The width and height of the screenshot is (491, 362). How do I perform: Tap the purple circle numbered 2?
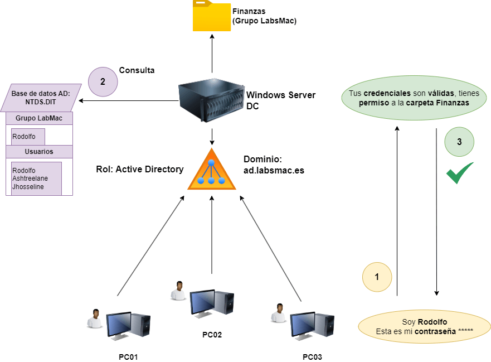103,81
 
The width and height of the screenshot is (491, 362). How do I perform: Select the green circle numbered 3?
459,142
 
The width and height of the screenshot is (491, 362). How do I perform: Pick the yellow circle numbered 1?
377,276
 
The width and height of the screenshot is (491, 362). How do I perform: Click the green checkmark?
459,173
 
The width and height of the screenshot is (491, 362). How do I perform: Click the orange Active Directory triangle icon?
212,170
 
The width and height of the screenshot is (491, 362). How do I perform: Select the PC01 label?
128,357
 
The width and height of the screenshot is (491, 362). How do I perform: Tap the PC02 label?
212,335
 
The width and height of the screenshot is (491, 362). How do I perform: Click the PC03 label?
312,357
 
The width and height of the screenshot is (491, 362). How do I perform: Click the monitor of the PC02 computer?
202,302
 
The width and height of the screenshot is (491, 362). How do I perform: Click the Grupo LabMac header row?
39,118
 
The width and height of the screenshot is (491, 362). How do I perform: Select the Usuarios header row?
39,151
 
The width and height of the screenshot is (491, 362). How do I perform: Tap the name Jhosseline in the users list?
28,187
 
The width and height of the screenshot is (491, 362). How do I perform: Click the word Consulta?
137,70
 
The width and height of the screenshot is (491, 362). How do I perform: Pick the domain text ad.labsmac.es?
274,170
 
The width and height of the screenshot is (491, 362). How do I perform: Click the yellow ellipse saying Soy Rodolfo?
424,326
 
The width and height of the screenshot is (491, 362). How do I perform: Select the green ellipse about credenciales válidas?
414,98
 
